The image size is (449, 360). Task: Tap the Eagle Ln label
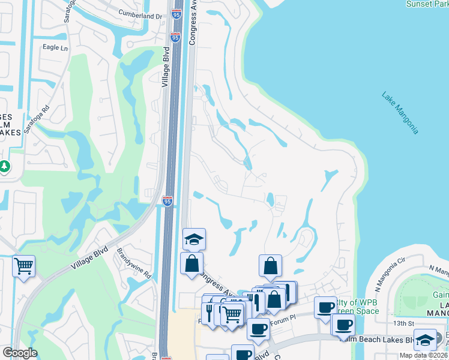point(55,47)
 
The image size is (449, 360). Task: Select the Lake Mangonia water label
point(400,113)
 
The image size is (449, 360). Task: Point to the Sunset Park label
point(427,4)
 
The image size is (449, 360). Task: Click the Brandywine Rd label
point(133,262)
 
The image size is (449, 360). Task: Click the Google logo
point(20,353)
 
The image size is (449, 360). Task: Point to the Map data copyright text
point(423,355)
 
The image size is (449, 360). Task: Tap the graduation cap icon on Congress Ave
point(194,239)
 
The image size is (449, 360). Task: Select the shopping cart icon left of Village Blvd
point(23,265)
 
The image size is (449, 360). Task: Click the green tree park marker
point(4,165)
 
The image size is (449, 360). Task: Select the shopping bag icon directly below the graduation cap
point(191,263)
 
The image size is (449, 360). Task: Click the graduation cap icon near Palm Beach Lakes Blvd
point(425,339)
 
